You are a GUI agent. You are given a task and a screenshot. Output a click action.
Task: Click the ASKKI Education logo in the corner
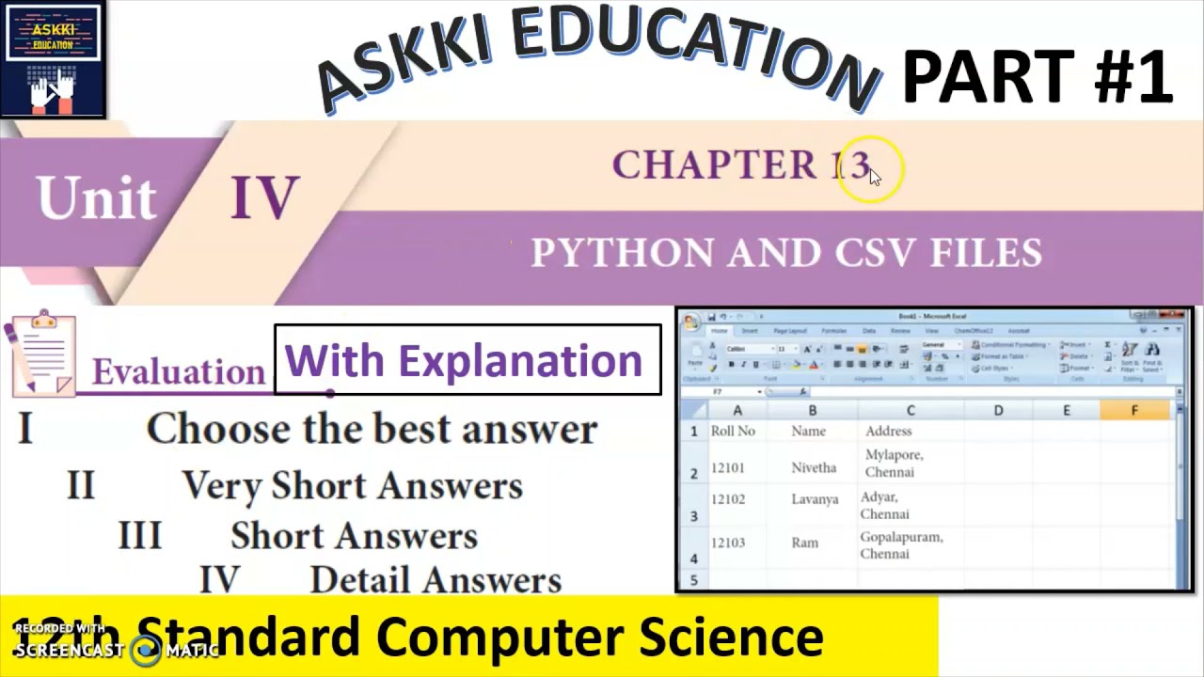click(x=53, y=58)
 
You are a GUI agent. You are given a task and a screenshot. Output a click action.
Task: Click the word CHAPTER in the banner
click(x=715, y=165)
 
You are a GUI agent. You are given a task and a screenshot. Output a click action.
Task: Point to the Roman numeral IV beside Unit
click(x=264, y=198)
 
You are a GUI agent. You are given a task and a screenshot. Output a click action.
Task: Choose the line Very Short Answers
click(x=352, y=486)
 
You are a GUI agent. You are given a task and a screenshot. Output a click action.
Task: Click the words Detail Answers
click(x=435, y=580)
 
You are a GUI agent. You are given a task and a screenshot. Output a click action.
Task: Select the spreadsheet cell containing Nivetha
click(x=814, y=467)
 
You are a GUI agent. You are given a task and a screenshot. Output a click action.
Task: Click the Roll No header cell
click(x=733, y=431)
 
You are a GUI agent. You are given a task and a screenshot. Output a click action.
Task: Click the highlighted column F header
click(x=1134, y=410)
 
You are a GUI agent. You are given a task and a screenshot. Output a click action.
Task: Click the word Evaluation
click(x=178, y=372)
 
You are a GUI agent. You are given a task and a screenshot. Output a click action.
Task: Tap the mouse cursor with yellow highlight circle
click(x=874, y=173)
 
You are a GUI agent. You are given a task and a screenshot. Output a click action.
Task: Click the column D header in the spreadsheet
click(x=998, y=410)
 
